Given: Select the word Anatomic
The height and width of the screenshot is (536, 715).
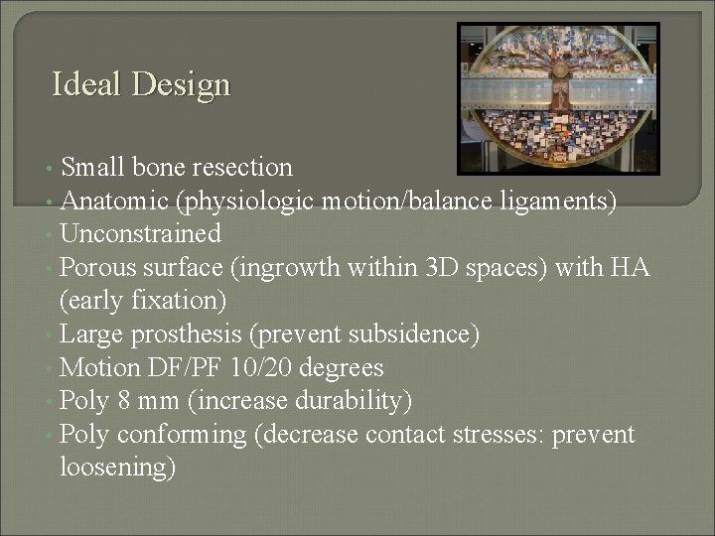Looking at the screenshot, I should [113, 201].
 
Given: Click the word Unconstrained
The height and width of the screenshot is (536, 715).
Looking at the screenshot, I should [140, 234].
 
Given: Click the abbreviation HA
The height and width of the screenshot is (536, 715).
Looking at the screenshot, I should [628, 267].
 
